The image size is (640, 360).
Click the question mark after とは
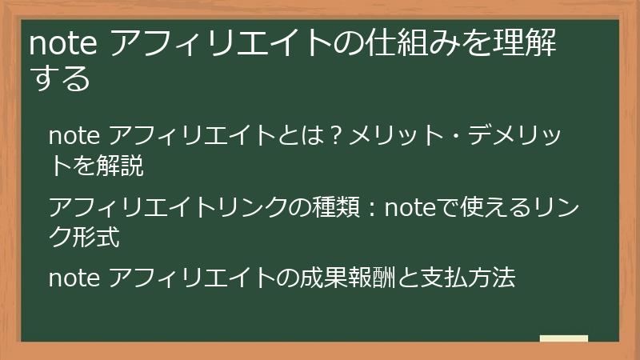click(337, 134)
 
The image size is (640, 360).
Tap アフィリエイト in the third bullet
click(188, 279)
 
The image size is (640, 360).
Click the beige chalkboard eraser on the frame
click(563, 338)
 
